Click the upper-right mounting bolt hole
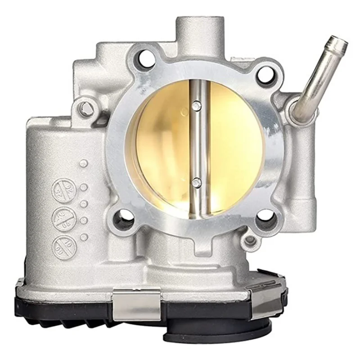pos(265,74)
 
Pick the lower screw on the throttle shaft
pos(197,182)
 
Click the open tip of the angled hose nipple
pos(342,43)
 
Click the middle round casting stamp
pos(63,219)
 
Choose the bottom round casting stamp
pos(63,246)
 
